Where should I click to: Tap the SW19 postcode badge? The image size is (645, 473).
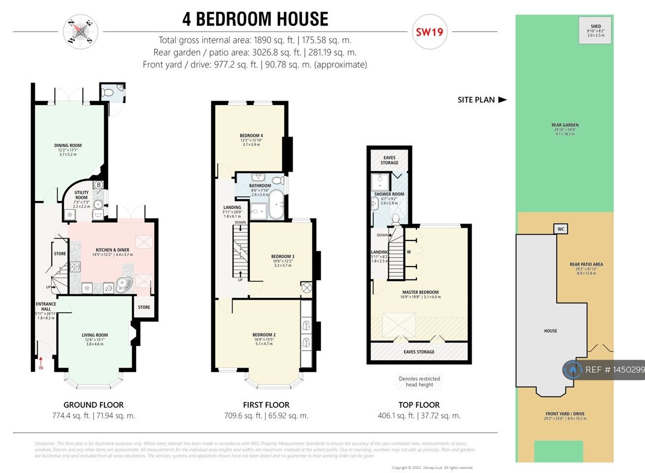point(429,33)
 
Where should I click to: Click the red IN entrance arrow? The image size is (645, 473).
point(41,363)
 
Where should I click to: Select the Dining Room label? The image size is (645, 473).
point(68,146)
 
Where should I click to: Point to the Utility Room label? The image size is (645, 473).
point(81,195)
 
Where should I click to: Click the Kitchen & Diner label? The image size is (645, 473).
point(112,250)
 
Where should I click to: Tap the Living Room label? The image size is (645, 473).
point(95,335)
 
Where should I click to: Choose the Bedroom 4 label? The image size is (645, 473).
point(251,135)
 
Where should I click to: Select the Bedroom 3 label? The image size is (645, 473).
point(282,257)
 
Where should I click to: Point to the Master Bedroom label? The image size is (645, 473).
point(420,292)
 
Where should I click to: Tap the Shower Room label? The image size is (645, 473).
point(389,194)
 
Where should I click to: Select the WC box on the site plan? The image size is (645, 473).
point(561,229)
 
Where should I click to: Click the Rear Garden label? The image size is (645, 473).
point(565,126)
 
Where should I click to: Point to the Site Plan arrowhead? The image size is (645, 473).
point(502,100)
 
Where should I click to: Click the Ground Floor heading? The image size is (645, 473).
point(94,405)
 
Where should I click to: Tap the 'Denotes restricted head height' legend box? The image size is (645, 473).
point(419,382)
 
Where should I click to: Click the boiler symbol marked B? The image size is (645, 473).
point(99,185)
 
